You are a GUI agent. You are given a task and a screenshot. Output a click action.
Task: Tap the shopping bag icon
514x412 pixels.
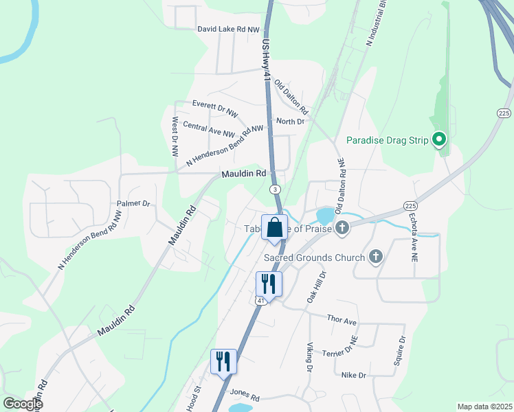[x=274, y=227]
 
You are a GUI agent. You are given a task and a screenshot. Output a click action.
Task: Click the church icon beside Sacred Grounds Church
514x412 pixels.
[x=375, y=257]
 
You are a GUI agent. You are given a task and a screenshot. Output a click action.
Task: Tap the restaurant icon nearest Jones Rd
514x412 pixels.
[x=223, y=361]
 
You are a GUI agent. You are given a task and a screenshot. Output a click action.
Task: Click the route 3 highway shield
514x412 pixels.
[x=274, y=189]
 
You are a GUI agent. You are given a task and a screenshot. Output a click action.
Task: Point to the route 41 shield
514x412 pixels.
[x=260, y=300]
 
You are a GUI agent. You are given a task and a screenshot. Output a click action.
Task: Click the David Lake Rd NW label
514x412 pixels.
[x=228, y=30]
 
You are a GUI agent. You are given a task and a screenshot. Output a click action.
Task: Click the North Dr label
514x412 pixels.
[x=289, y=122]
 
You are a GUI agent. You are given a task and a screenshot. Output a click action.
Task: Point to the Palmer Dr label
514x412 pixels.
[x=133, y=203]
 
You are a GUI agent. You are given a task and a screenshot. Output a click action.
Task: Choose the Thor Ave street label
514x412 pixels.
[x=342, y=321]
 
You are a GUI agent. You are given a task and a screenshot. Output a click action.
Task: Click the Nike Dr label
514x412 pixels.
[x=353, y=376]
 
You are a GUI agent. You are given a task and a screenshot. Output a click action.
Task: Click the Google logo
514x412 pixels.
[x=23, y=404]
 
